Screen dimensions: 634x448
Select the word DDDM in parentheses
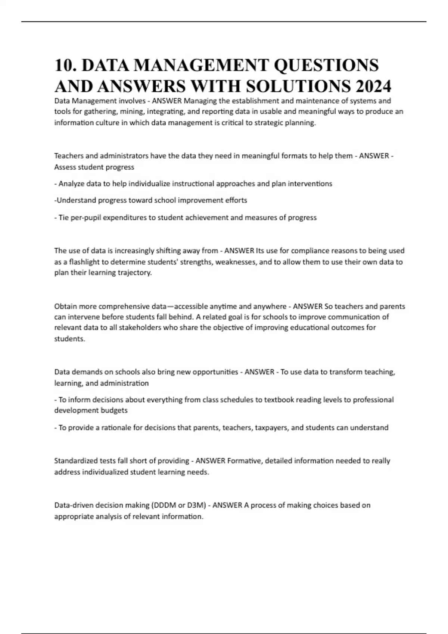[164, 505]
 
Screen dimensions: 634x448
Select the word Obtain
[65, 307]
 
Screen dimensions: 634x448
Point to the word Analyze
[71, 184]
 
